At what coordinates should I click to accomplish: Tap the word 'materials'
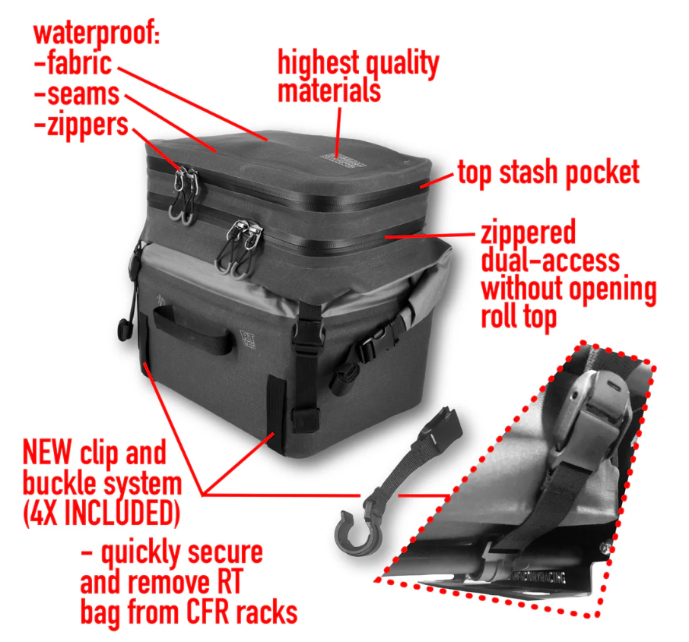(329, 90)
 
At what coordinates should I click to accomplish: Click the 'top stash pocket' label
(548, 173)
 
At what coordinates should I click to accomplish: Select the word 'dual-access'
(550, 261)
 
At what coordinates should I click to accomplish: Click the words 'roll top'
(518, 316)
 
